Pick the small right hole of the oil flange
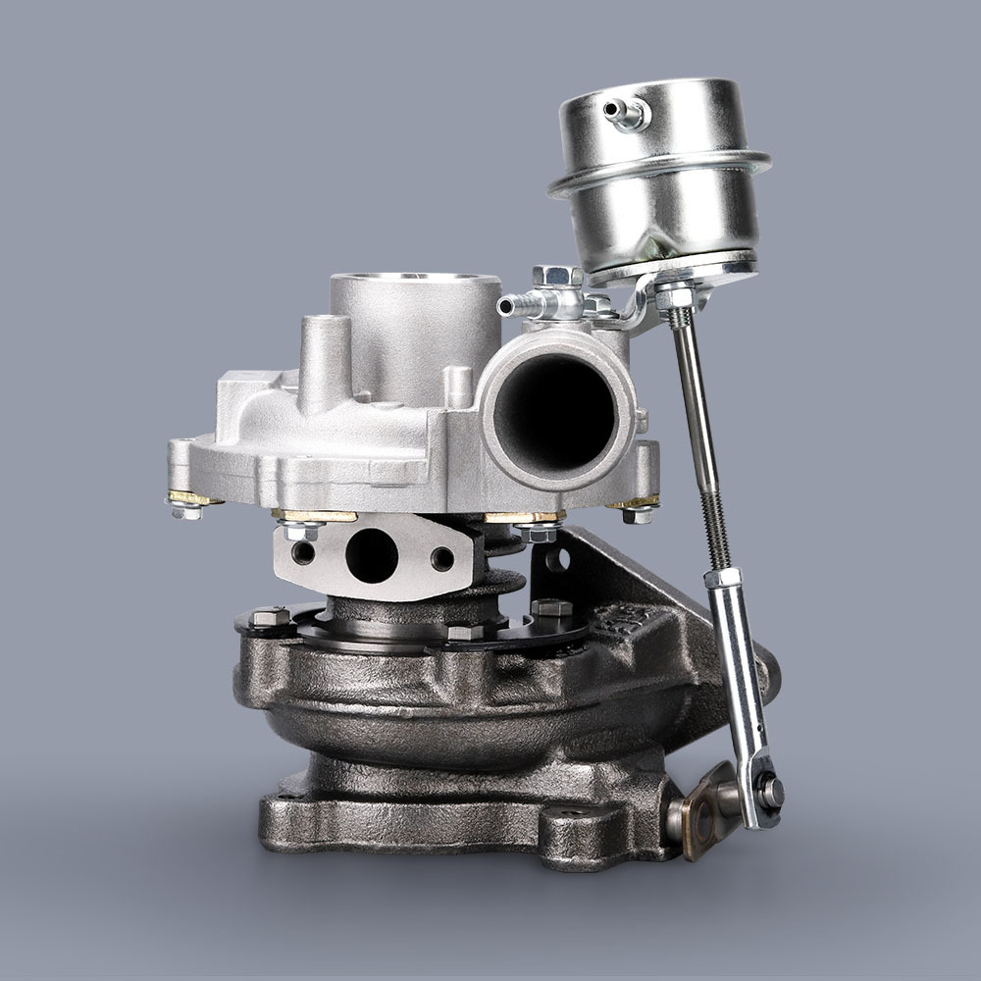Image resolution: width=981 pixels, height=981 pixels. click(442, 559)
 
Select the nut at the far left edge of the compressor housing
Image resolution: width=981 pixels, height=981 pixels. click(183, 507)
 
